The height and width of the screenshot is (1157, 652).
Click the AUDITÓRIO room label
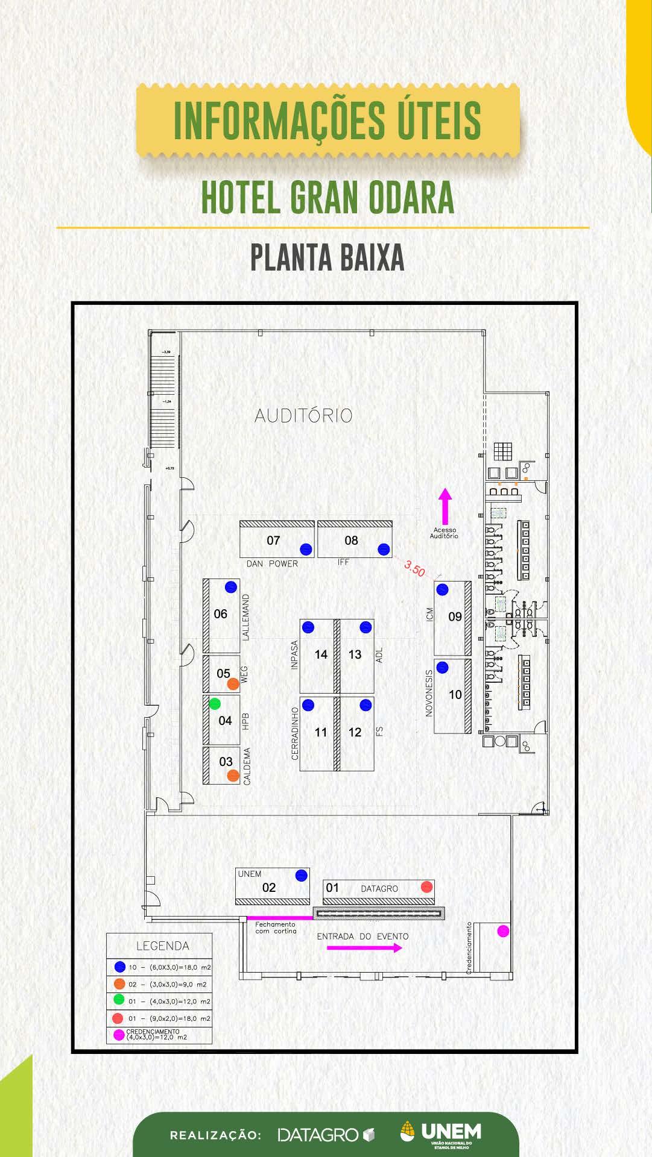(303, 415)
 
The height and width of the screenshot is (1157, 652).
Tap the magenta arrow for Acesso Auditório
(445, 506)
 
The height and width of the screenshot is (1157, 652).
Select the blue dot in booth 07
(306, 549)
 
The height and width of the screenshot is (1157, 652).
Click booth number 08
(351, 541)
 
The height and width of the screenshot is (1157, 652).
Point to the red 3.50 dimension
(415, 568)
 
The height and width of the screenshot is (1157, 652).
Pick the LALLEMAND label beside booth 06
(245, 617)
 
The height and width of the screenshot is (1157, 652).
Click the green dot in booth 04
(215, 703)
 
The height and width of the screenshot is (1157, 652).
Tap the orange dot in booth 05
(233, 684)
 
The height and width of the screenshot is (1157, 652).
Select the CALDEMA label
(247, 766)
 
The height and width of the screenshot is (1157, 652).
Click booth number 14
(321, 654)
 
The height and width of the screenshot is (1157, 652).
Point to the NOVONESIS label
(429, 693)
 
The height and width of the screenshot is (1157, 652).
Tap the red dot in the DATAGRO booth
(427, 886)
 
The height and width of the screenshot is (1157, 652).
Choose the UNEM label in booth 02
(250, 874)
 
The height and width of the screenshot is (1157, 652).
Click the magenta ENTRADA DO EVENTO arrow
(364, 948)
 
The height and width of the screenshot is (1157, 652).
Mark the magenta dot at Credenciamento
(503, 931)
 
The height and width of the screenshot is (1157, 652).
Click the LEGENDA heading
(162, 945)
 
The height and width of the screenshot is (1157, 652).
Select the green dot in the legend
(119, 1000)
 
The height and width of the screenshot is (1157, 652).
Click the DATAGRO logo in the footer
(326, 1135)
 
